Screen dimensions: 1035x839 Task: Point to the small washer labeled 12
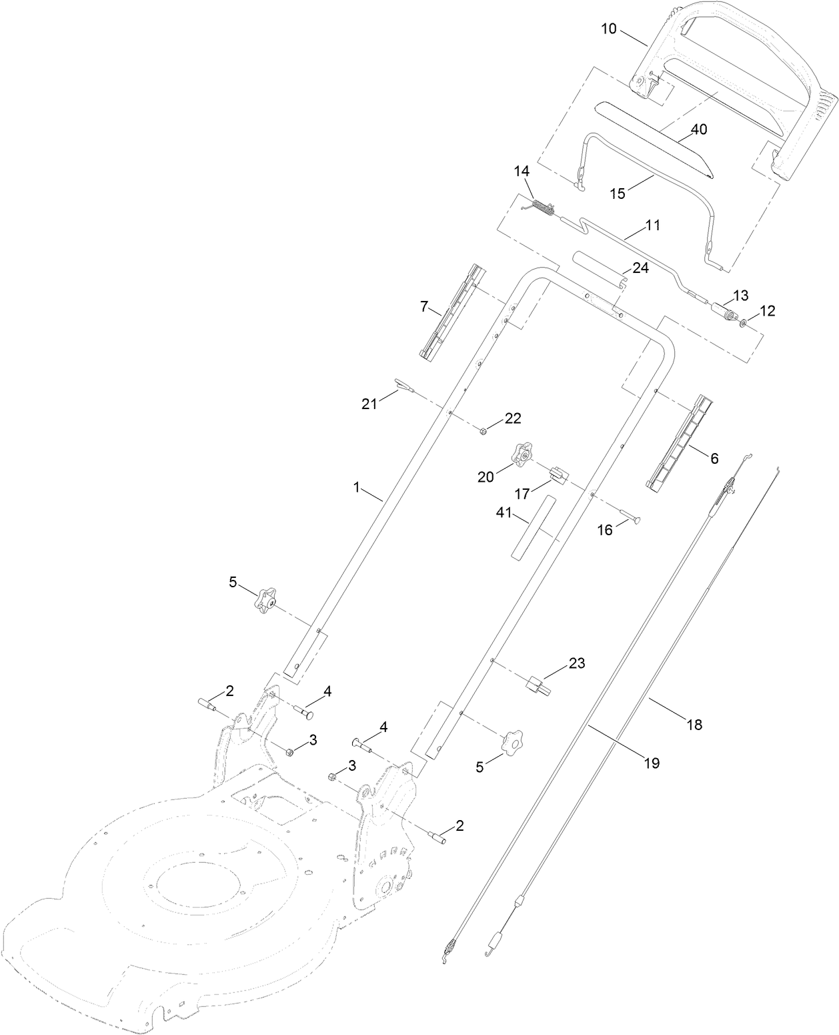tap(742, 324)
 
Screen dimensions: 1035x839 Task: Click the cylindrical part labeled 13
tap(722, 312)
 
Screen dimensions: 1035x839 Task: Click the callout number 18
tap(694, 724)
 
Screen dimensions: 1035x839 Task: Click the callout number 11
tap(652, 226)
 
